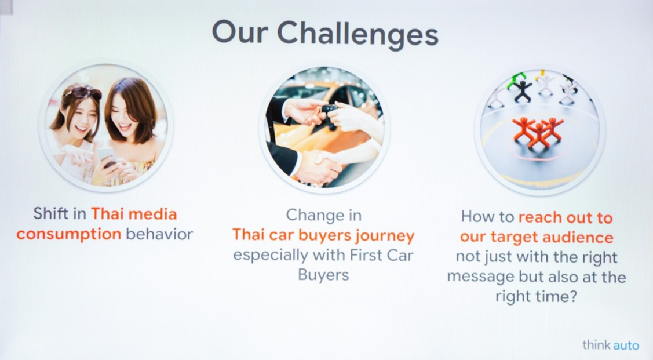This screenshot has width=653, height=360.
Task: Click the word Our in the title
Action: point(239,32)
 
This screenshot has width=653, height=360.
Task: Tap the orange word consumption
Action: point(69,235)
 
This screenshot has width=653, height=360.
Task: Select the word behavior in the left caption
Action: point(159,234)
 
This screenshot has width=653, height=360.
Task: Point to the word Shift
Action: point(50,214)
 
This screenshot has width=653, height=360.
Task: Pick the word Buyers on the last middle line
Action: point(323,275)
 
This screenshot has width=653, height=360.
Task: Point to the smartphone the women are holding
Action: point(106,157)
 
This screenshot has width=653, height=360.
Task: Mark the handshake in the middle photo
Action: point(320,165)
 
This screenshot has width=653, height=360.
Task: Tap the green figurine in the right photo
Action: point(516,79)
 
